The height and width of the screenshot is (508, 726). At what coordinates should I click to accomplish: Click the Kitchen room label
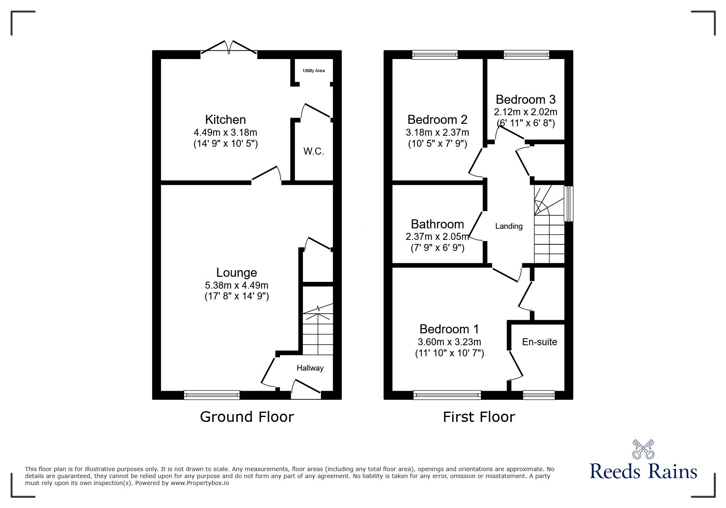tap(225, 120)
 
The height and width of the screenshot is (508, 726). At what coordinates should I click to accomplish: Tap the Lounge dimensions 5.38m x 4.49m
tap(237, 285)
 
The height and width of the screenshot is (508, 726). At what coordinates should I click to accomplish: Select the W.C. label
tap(314, 151)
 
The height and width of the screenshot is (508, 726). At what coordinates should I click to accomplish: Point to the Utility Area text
tap(314, 71)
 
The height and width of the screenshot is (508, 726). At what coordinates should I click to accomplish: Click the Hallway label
tap(310, 368)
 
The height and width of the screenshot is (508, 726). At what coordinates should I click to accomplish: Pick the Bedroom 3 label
tap(526, 100)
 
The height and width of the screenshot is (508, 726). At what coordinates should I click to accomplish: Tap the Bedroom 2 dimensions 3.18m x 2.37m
tap(437, 132)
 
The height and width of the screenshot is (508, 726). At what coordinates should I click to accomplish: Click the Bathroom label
tap(437, 224)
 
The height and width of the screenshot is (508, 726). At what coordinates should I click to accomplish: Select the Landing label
tap(509, 226)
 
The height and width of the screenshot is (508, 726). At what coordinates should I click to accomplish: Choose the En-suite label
tap(539, 342)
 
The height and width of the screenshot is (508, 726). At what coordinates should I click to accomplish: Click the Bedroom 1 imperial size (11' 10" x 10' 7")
tap(450, 353)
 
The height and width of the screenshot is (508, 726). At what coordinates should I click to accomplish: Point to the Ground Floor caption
tap(247, 417)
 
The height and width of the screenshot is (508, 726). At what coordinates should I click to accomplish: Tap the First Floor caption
tap(479, 417)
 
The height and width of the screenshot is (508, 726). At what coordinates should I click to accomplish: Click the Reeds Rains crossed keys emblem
tap(643, 449)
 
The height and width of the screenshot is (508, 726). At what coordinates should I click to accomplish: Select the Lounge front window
tap(212, 395)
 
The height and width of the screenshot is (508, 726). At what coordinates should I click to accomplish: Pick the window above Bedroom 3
tap(526, 55)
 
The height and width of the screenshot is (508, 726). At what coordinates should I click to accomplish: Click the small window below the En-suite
tap(539, 395)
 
